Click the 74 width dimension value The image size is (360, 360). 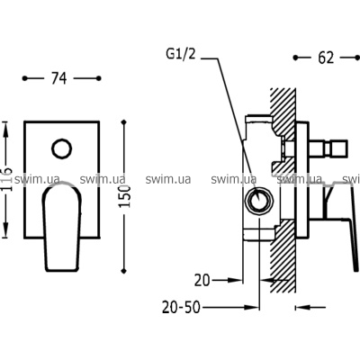(59, 78)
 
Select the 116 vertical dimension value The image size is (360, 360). (6, 179)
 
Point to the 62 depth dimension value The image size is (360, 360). (326, 58)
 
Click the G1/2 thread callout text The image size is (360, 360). (181, 54)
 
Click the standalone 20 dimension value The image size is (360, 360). (202, 281)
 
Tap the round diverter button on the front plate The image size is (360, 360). (62, 148)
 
